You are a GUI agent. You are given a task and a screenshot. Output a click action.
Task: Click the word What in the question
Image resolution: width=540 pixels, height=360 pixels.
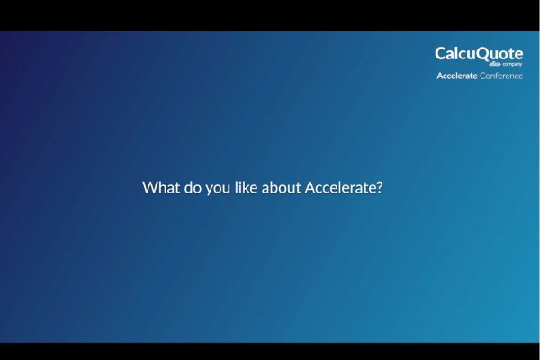pyautogui.click(x=160, y=189)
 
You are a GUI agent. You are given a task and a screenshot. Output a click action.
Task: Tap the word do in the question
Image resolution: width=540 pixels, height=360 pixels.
pyautogui.click(x=191, y=189)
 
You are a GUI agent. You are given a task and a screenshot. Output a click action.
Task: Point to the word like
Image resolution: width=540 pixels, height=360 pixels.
pyautogui.click(x=249, y=189)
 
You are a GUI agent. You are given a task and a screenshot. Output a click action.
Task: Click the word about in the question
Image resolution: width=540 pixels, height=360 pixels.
pyautogui.click(x=283, y=189)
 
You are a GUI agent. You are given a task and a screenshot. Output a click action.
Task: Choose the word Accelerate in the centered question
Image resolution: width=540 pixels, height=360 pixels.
pyautogui.click(x=341, y=189)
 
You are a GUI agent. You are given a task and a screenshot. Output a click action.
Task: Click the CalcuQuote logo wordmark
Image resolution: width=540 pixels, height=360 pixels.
pyautogui.click(x=479, y=54)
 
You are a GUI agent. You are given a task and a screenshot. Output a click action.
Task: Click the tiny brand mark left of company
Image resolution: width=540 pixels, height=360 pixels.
pyautogui.click(x=494, y=65)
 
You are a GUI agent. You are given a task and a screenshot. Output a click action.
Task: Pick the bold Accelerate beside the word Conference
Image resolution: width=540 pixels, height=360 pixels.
pyautogui.click(x=457, y=76)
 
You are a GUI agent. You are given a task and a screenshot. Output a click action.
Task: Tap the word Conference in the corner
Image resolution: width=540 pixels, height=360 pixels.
pyautogui.click(x=501, y=76)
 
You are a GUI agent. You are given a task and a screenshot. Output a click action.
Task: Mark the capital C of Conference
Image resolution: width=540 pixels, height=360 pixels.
pyautogui.click(x=482, y=76)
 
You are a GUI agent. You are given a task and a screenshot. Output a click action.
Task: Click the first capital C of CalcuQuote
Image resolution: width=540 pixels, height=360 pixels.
pyautogui.click(x=441, y=54)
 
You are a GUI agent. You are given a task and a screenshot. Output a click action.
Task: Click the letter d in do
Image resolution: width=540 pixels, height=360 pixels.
pyautogui.click(x=186, y=189)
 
